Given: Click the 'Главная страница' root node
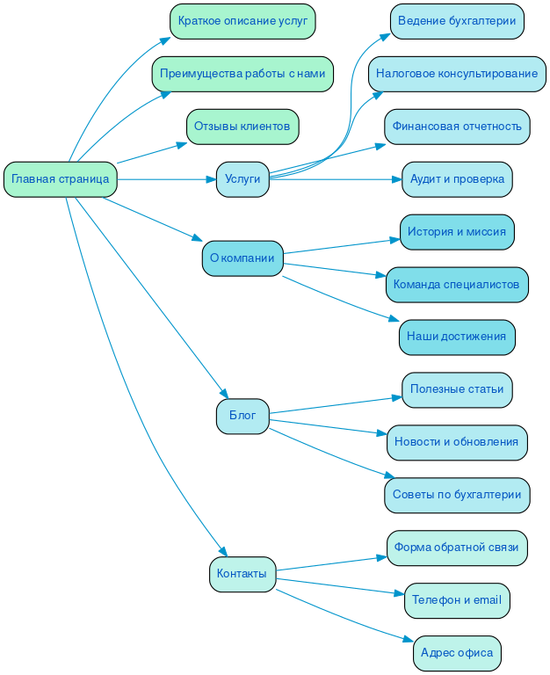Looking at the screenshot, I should [61, 179].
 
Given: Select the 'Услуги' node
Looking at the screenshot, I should [242, 179].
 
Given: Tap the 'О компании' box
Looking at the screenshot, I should [242, 258].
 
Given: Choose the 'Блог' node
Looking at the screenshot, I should [242, 416].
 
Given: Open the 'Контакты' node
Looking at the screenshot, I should [242, 574].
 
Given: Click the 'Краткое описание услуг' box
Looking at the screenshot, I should [242, 21].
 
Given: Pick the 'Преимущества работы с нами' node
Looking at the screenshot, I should [242, 74].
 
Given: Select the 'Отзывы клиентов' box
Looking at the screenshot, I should [242, 127].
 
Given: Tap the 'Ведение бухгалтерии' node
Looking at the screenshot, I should [457, 21].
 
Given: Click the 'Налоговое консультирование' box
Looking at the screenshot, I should [457, 74].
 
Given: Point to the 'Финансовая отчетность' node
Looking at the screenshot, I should [457, 127].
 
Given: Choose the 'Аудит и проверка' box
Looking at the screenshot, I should [457, 179].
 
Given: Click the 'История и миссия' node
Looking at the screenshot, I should [457, 232].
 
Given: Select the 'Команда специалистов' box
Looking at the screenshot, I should [457, 285].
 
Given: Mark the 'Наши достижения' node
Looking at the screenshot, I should [457, 337].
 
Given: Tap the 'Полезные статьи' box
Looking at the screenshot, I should [457, 389].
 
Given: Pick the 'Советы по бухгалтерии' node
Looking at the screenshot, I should [457, 495].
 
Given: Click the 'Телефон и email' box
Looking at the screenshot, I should [457, 600].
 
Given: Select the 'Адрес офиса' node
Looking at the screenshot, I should [457, 653].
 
